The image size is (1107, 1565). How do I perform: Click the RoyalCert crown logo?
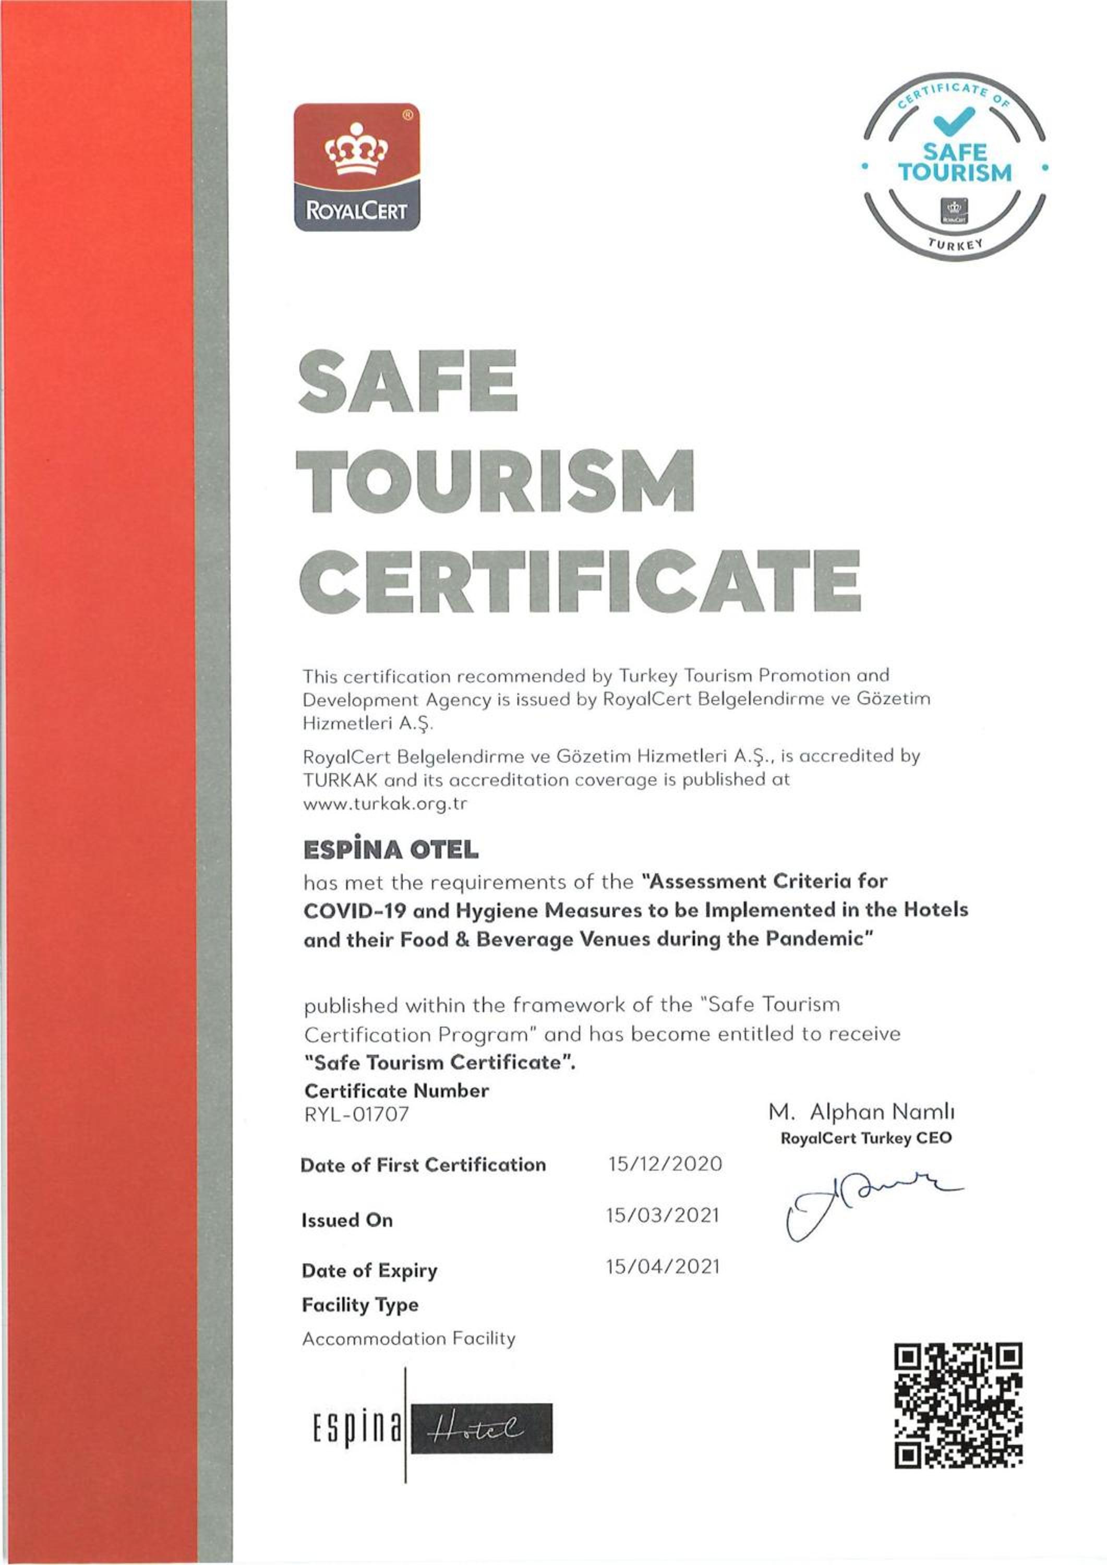coord(356,167)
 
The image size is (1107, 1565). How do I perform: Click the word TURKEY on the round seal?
coord(955,245)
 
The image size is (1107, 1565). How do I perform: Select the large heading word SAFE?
coord(407,382)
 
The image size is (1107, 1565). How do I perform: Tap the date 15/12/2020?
coord(665,1163)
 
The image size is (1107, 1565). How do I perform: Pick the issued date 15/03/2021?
coord(663,1215)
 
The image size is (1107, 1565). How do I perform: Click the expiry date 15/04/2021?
coord(663,1267)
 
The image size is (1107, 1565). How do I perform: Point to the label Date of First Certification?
coord(423,1164)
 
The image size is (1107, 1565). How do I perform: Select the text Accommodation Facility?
coord(409,1338)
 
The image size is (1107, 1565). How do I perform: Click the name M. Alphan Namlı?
coord(862,1112)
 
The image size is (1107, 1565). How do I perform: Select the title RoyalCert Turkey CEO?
coord(865,1138)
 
